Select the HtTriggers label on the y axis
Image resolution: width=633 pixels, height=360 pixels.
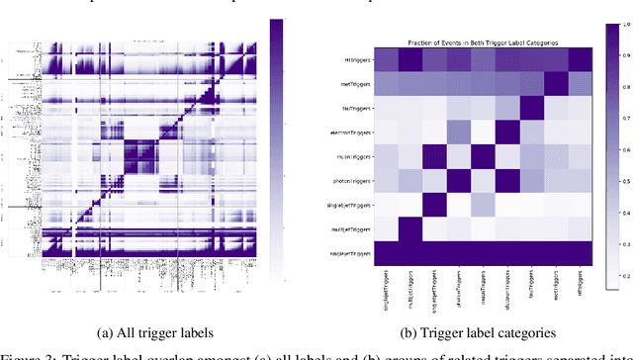coord(357,60)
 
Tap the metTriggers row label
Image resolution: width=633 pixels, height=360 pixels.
coord(357,85)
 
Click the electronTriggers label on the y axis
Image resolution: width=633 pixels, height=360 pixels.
coord(354,132)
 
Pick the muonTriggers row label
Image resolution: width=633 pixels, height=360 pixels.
coord(357,155)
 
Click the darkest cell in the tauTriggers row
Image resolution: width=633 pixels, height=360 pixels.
coord(528,108)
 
